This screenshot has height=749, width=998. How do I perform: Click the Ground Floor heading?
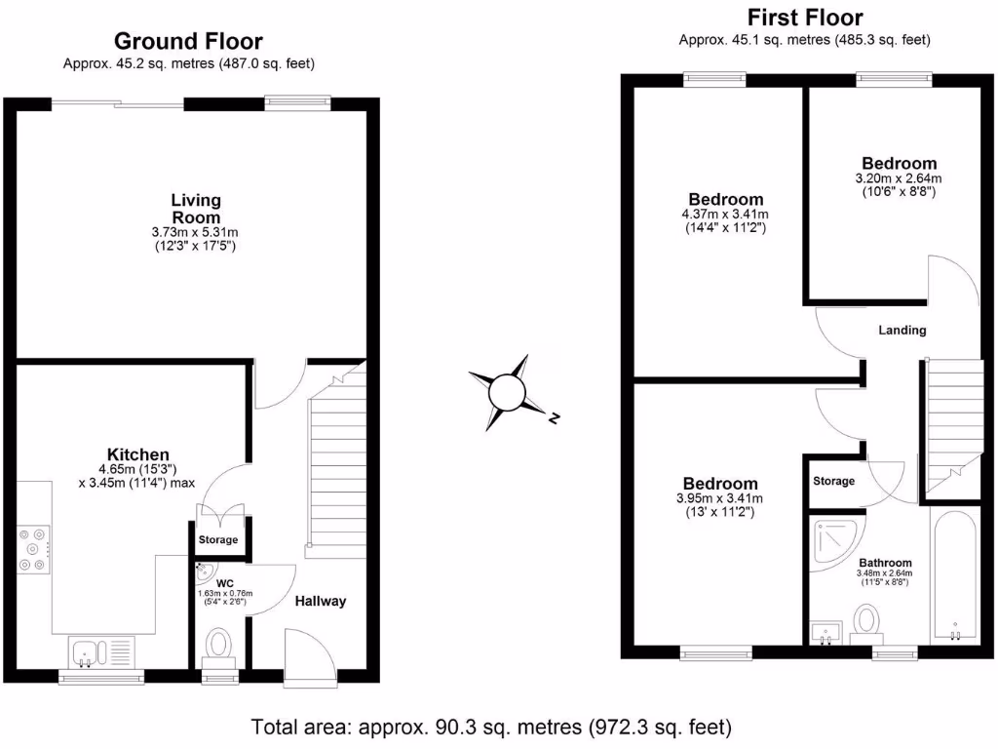click(x=188, y=41)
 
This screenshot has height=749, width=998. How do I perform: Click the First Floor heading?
click(x=804, y=18)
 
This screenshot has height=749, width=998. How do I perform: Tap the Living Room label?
click(x=196, y=209)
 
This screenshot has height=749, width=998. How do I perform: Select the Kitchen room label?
click(x=138, y=454)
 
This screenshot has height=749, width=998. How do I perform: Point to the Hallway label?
click(x=321, y=601)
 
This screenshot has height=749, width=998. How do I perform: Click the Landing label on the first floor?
click(x=902, y=330)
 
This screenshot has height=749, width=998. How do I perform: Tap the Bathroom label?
click(x=885, y=563)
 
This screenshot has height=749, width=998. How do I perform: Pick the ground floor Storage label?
click(x=217, y=539)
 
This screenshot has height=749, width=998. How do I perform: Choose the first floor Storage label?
click(x=833, y=481)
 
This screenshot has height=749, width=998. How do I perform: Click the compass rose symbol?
click(x=508, y=393)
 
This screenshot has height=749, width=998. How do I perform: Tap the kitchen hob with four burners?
click(x=33, y=549)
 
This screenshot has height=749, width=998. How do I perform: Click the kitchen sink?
click(x=85, y=650)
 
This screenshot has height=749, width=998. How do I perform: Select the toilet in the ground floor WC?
click(x=218, y=646)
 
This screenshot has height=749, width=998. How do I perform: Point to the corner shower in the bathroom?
click(x=835, y=540)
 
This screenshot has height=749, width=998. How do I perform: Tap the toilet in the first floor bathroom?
click(x=866, y=621)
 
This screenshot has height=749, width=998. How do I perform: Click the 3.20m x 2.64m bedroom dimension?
click(x=899, y=178)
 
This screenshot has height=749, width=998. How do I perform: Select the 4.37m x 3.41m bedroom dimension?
click(x=723, y=215)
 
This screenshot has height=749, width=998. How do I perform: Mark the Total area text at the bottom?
click(x=491, y=727)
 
